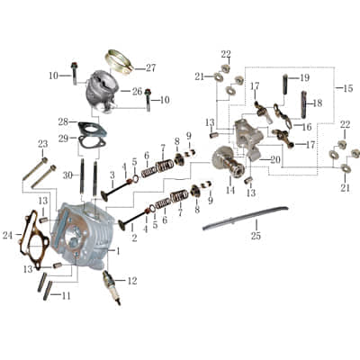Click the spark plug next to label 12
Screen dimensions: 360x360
tap(113, 286)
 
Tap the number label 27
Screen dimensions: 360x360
tap(150, 67)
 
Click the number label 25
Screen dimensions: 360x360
tap(256, 236)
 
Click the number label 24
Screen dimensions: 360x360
tap(8, 236)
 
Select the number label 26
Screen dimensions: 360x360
tap(137, 91)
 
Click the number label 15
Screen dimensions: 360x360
tap(348, 88)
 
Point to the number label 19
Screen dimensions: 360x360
tap(304, 77)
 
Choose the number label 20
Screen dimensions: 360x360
tap(274, 160)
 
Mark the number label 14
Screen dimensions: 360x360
tap(229, 191)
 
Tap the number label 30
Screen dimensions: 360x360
tap(68, 175)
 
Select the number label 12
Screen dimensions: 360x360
tap(132, 281)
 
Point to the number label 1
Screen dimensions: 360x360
tap(117, 249)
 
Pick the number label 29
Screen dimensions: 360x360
tap(63, 138)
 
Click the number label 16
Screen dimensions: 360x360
tap(306, 127)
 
